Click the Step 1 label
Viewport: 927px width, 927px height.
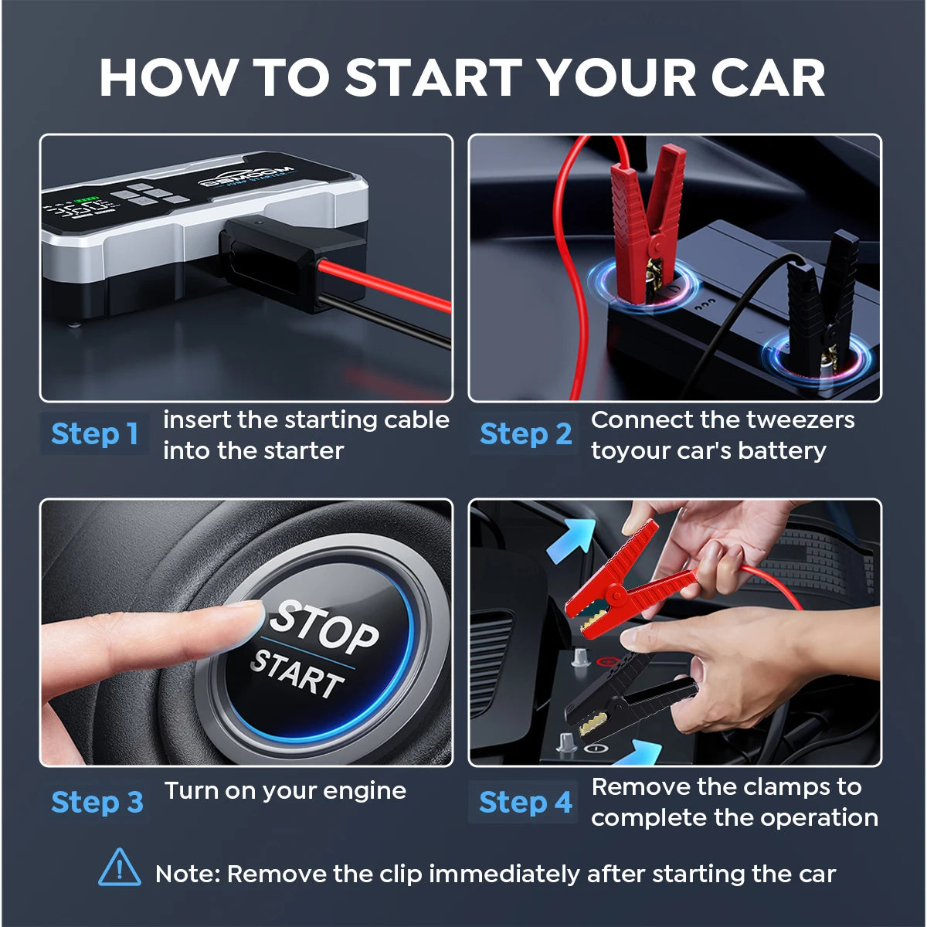click(94, 434)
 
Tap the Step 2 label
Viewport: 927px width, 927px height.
click(525, 434)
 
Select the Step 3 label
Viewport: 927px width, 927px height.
click(97, 803)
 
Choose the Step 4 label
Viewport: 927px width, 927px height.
click(525, 803)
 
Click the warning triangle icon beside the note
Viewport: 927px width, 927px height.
click(120, 868)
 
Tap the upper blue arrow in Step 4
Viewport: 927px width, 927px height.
click(570, 539)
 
